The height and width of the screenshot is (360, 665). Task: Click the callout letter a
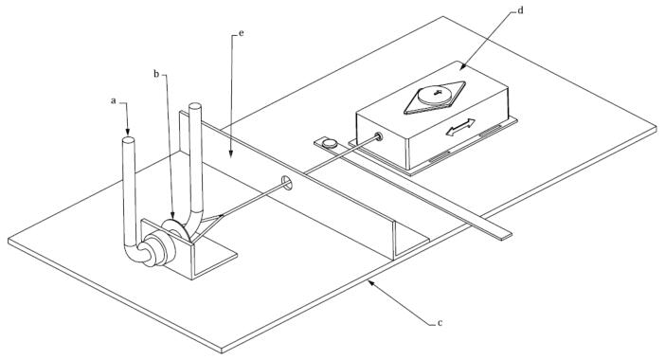point(114,101)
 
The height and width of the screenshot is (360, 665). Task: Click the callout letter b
point(156,74)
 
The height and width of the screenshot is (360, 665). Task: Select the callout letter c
point(440,323)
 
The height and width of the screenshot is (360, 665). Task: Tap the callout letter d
point(521,10)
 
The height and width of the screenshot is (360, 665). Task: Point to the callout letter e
point(242,32)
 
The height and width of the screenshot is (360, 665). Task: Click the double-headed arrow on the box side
point(460,128)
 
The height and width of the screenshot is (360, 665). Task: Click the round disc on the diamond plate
point(435,95)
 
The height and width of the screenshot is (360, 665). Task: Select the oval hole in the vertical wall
point(288,183)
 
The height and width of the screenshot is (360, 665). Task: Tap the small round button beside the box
point(329,143)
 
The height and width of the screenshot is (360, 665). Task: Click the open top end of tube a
point(129,139)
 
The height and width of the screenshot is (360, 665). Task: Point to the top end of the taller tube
point(194,105)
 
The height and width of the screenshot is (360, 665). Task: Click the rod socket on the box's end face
point(378,136)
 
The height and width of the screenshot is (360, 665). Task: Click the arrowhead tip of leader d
point(461,69)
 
